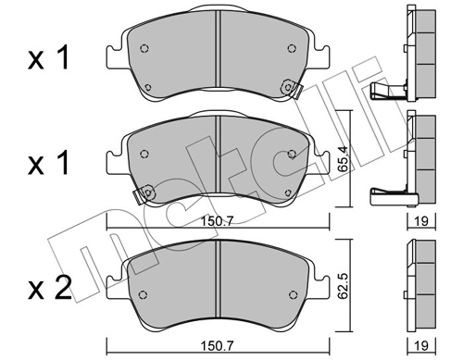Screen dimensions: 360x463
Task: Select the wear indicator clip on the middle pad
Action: coord(143,195)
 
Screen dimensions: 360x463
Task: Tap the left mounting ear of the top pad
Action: coord(113,56)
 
